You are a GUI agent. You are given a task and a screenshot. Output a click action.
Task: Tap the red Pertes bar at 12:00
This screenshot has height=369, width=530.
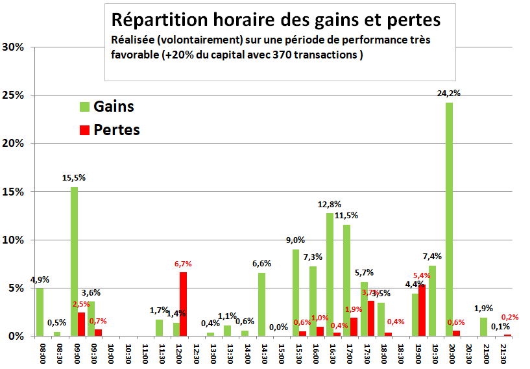coord(183,304)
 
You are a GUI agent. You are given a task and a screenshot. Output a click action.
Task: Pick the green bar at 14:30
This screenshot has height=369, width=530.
coord(262,304)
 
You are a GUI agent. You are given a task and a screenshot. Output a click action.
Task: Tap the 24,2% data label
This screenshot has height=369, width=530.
coord(449,94)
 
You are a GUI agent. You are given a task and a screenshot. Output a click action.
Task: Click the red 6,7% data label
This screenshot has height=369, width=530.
coord(183,264)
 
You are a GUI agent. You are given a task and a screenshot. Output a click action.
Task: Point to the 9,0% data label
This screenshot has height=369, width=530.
coord(295,240)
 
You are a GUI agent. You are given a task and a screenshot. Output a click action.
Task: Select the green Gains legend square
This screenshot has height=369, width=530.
coord(84,106)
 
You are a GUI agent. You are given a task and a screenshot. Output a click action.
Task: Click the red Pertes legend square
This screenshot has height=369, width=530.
coord(84,130)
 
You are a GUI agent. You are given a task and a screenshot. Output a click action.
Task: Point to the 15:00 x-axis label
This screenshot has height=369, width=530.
coord(280,353)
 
